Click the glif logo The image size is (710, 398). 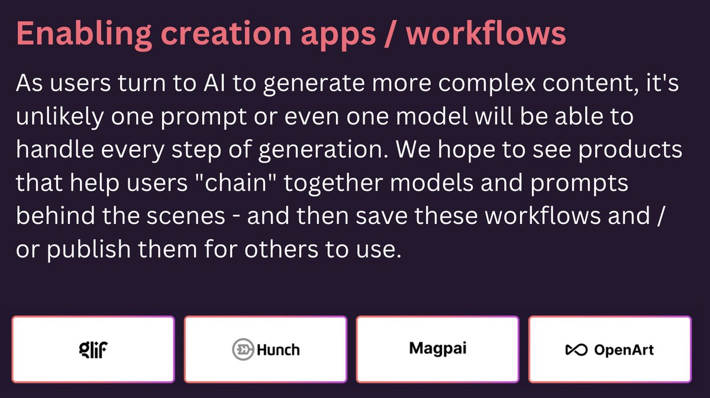[93, 349]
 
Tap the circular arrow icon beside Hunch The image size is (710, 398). [243, 349]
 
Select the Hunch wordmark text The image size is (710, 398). [278, 349]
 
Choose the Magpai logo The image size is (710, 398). [438, 348]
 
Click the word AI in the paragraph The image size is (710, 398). [211, 84]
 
